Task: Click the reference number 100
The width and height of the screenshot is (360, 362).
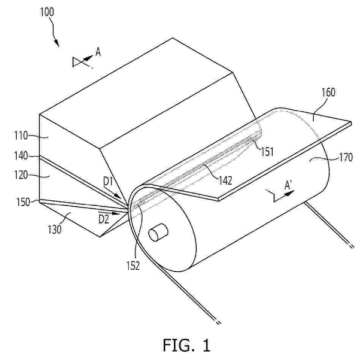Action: [x=47, y=12]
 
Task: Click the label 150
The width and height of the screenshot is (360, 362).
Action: [x=23, y=202]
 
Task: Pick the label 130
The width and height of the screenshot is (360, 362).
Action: [x=55, y=229]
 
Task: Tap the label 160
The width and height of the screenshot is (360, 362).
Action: [x=328, y=92]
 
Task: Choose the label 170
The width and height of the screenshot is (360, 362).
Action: [x=346, y=157]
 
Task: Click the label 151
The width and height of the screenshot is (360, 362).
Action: [x=267, y=152]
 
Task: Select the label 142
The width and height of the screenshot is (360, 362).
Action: [x=225, y=181]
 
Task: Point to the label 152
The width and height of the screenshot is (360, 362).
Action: [x=133, y=266]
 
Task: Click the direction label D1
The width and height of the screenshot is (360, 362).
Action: [x=108, y=182]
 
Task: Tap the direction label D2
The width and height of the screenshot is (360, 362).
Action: [x=104, y=219]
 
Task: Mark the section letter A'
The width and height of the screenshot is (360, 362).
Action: [x=288, y=185]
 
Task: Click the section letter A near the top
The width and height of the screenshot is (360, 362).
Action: [x=98, y=52]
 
